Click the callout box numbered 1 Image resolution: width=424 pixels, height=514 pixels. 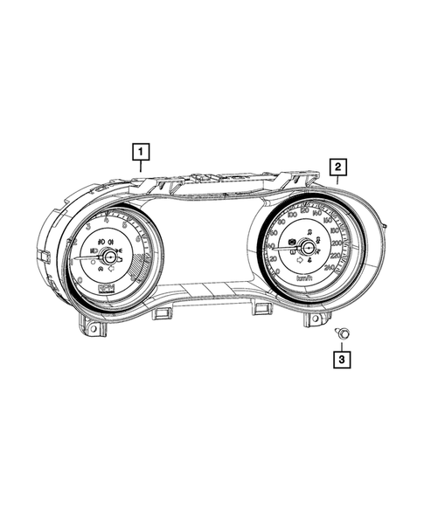click(138, 152)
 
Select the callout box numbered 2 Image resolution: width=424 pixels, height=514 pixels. click(337, 166)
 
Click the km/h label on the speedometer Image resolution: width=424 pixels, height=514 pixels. click(305, 278)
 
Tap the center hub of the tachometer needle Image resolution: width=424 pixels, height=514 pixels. click(109, 256)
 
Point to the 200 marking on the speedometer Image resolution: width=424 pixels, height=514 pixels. click(336, 243)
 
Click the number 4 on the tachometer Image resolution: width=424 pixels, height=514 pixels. click(106, 222)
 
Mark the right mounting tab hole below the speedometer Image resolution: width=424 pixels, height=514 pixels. click(311, 319)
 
